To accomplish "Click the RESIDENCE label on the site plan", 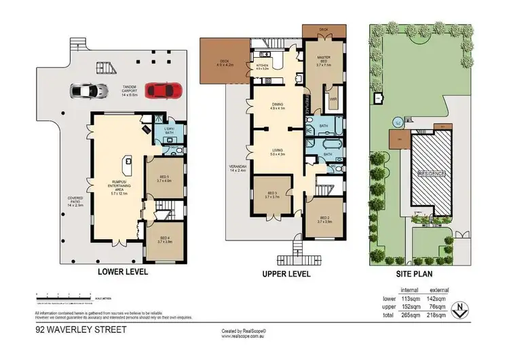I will click(432, 173).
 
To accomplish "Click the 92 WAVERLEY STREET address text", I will click(72, 331).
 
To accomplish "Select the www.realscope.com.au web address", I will click(246, 335).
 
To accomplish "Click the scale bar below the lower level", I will click(64, 295).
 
